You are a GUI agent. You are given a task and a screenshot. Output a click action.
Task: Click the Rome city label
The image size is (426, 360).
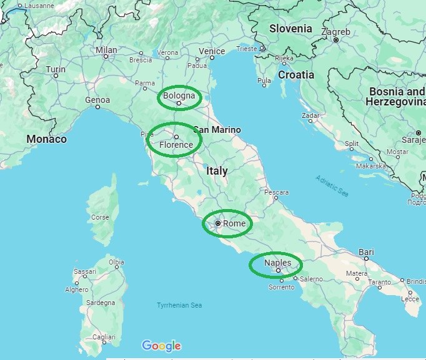pos(234,223)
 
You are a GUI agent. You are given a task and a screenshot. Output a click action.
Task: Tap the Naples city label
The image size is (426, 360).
pos(277,263)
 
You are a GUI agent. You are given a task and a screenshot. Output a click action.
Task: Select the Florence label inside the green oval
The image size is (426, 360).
pos(176,145)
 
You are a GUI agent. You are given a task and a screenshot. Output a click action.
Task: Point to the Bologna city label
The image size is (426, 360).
pos(180,96)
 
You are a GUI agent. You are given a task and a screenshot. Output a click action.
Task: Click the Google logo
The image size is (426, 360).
pos(161,346)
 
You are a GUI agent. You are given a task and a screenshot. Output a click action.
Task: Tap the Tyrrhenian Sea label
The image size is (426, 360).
pos(180,305)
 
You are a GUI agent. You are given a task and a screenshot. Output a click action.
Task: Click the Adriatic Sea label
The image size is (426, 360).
pos(332,185)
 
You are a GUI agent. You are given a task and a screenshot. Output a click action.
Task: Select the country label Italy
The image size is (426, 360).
pos(217,170)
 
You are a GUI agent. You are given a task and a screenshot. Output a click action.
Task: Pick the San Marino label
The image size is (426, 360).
pos(217,130)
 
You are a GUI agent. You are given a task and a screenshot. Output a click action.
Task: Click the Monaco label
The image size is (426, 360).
pos(46,139)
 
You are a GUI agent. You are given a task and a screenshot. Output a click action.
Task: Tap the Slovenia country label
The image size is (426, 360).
pos(290,29)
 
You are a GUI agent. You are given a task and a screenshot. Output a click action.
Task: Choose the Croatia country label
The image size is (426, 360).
pos(296,74)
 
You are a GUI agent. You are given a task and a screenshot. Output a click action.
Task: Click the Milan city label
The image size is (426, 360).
pos(106,50)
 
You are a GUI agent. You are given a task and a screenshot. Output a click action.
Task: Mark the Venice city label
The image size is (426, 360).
pos(212,51)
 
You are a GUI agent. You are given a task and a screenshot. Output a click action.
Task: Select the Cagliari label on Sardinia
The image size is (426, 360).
pos(104,336)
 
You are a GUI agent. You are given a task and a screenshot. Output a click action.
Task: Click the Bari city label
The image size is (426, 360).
pos(367,252)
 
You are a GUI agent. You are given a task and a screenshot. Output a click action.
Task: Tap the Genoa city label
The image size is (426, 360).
pos(97,100)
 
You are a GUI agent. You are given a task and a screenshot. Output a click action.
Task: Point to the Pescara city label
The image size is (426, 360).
pos(277,192)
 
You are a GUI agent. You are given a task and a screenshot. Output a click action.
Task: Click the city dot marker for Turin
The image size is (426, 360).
pos(56,76)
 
